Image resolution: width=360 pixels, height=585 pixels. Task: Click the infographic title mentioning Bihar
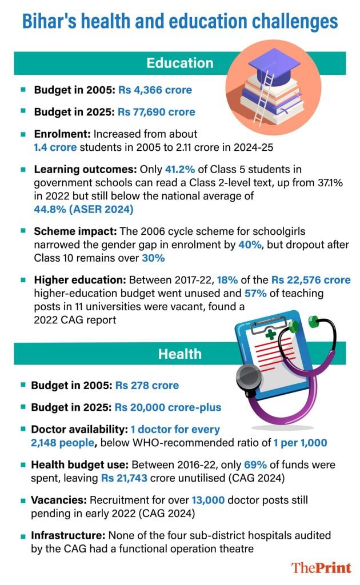pos(179,22)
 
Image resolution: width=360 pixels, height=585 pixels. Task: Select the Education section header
pos(179,63)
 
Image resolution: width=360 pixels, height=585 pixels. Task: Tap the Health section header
pos(179,354)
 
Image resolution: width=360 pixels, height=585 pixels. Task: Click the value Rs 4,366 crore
pos(155,90)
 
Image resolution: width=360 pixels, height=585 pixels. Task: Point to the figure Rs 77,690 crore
pos(157,112)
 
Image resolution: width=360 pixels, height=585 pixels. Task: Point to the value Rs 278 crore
pos(147,386)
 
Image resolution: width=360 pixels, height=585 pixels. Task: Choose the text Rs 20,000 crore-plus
pos(168,407)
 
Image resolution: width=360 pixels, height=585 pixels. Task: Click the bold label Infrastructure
pos(70,536)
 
